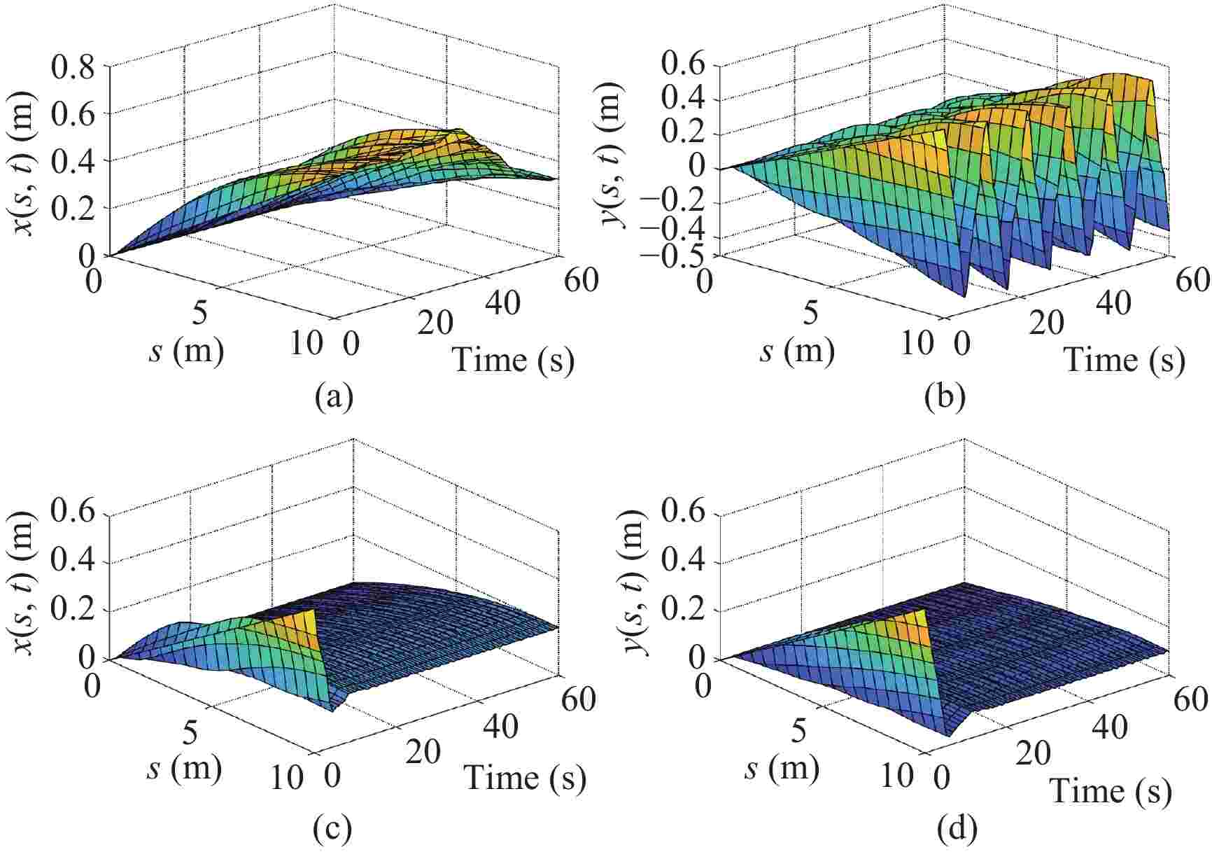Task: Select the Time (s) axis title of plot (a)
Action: pyautogui.click(x=513, y=360)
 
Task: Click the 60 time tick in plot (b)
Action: pyautogui.click(x=1189, y=280)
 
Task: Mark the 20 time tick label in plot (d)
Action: pyautogui.click(x=1033, y=754)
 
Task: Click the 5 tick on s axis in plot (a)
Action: pyautogui.click(x=199, y=314)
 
